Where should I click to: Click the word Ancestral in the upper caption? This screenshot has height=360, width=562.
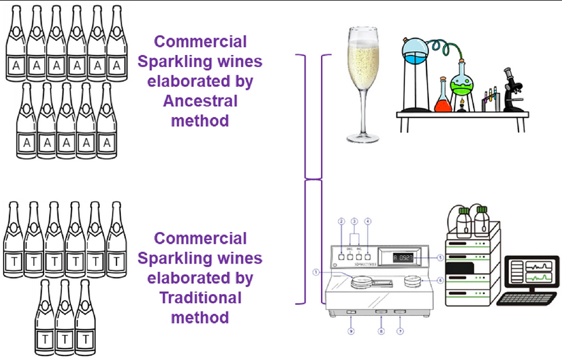[200, 101]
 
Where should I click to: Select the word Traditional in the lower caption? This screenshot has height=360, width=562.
[200, 297]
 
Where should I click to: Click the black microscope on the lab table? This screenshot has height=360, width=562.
[511, 90]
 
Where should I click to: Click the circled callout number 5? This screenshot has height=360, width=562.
[440, 258]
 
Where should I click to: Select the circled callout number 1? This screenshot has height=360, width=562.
[316, 271]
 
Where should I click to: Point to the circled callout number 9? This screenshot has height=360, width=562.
[350, 331]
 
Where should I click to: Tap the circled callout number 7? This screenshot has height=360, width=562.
[400, 331]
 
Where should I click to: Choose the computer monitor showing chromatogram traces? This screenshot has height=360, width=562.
[529, 273]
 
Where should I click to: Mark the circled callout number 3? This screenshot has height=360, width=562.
[354, 221]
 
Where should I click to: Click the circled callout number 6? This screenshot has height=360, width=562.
[441, 280]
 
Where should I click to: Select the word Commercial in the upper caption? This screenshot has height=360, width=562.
[200, 42]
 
